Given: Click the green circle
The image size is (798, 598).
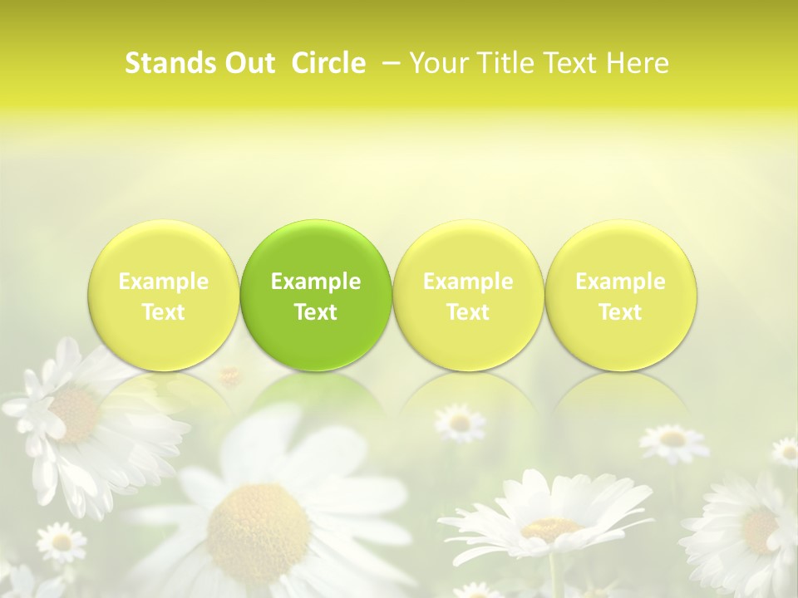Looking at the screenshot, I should click(x=316, y=295).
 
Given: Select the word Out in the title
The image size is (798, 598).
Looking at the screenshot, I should click(x=247, y=63).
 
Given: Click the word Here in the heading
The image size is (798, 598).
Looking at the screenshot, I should click(x=638, y=63).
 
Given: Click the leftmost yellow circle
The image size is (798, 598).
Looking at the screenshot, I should click(x=164, y=295).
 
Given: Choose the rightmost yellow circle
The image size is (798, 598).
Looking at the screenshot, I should click(x=620, y=295).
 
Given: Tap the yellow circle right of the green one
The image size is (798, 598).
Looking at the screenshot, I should click(x=468, y=295).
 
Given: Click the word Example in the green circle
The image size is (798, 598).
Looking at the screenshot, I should click(x=316, y=282).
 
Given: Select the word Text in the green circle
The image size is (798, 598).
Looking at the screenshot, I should click(x=316, y=312).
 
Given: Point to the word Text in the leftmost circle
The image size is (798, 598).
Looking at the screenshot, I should click(x=164, y=312).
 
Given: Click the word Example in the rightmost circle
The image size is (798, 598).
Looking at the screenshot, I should click(x=620, y=282).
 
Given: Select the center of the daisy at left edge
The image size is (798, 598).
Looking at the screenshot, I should click(x=75, y=413).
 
